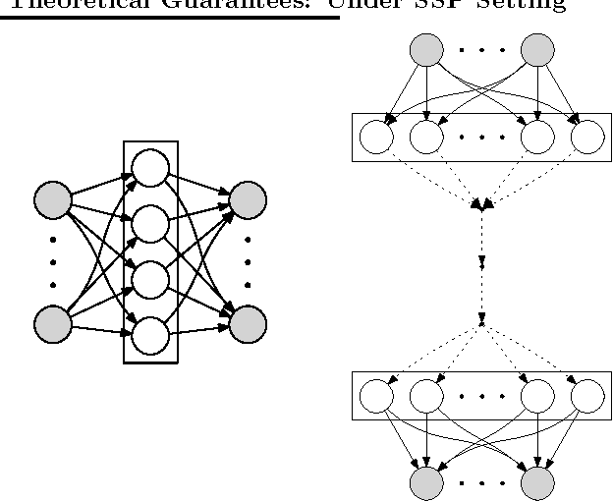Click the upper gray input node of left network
[53, 200]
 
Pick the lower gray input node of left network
[53, 323]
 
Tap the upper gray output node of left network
[248, 200]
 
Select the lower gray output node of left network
[248, 323]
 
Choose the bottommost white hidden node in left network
[150, 336]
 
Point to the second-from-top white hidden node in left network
[150, 225]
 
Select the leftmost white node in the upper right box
[376, 138]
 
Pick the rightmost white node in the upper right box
[587, 138]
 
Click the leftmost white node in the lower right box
[376, 397]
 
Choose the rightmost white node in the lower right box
[587, 397]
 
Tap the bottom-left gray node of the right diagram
[427, 481]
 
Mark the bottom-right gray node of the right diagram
[538, 481]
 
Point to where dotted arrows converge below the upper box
[481, 205]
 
